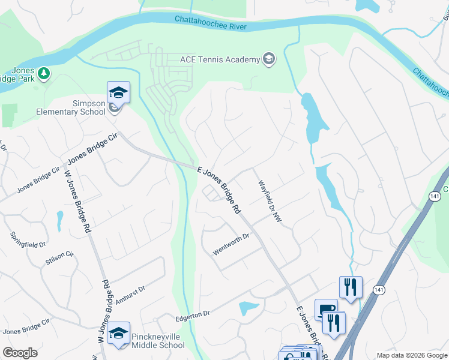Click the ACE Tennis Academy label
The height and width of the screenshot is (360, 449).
pyautogui.click(x=220, y=59)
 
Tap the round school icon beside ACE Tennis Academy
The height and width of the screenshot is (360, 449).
pyautogui.click(x=268, y=59)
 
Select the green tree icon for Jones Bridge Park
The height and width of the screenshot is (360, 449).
pyautogui.click(x=43, y=74)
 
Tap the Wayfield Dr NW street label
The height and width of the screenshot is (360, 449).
pyautogui.click(x=270, y=204)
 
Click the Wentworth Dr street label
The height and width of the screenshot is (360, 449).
pyautogui.click(x=231, y=245)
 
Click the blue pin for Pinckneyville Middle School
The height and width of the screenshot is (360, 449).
pyautogui.click(x=118, y=333)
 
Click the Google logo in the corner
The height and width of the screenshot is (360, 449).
pyautogui.click(x=20, y=353)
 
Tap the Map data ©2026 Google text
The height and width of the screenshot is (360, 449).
pyautogui.click(x=411, y=356)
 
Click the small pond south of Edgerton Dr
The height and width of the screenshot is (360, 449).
pyautogui.click(x=249, y=308)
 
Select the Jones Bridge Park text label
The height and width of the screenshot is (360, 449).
pyautogui.click(x=18, y=79)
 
